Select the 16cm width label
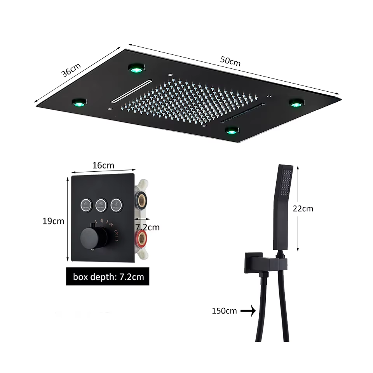coord(103,165)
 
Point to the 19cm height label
coord(53,221)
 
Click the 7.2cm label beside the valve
coord(147,227)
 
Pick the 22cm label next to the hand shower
coord(303,209)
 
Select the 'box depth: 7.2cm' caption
coord(107,277)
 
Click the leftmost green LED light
coord(80,103)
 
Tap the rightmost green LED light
coord(296,103)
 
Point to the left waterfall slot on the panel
coord(131,90)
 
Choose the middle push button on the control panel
coord(101,204)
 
